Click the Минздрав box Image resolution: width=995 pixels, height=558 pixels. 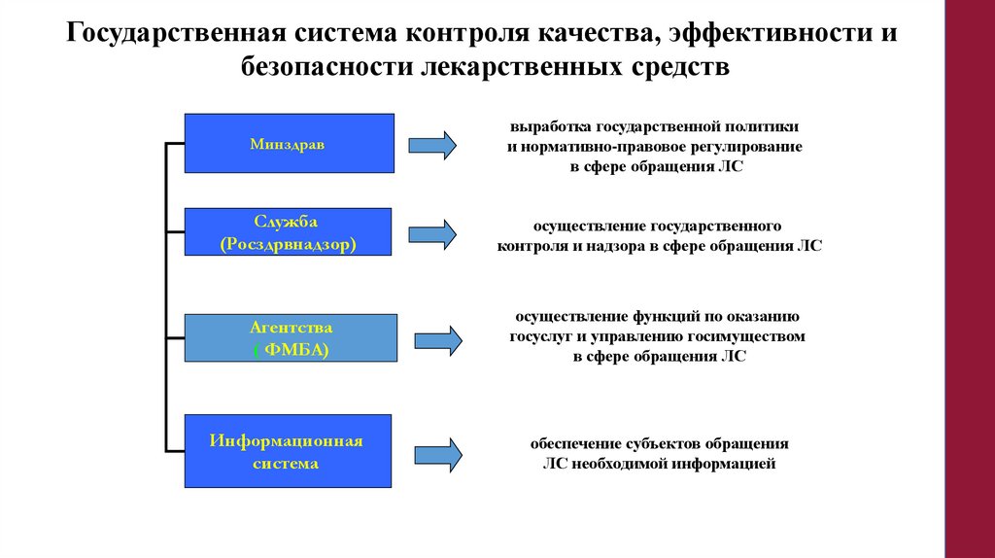289,144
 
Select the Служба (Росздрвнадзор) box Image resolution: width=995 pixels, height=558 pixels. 289,232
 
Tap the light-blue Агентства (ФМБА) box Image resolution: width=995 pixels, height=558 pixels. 292,338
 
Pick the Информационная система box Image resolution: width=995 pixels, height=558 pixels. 288,452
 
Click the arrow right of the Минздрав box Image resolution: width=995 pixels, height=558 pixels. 431,145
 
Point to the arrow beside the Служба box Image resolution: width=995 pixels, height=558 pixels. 431,234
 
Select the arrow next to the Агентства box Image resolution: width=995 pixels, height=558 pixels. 438,340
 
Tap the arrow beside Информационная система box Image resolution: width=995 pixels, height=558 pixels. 438,454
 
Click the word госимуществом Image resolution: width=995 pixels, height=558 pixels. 755,336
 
